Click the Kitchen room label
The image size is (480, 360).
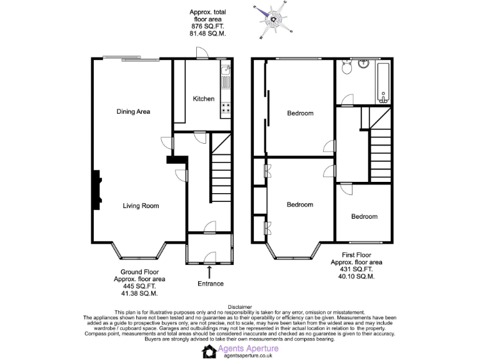pos(204,99)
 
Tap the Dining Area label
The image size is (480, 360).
pos(133,112)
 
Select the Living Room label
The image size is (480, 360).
pos(141,206)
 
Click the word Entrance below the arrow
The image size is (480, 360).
pos(211,284)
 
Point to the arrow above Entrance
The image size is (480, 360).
pos(209,271)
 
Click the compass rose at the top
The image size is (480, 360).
pos(273,19)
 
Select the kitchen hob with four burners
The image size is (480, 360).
pos(226,107)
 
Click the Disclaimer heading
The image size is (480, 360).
pos(240,307)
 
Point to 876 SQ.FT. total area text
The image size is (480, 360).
pos(208,26)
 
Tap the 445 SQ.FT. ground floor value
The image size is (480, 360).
pos(135,287)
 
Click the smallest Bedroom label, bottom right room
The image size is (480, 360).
pos(364,217)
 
